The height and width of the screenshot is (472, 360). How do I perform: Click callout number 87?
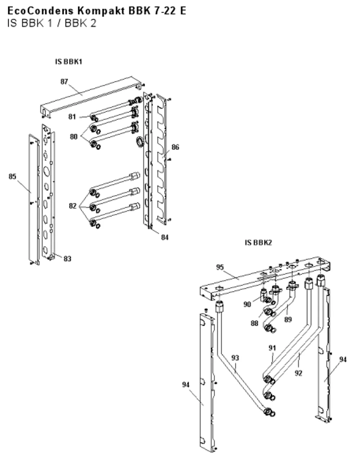click(x=64, y=82)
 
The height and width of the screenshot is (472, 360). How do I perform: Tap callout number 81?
click(x=72, y=116)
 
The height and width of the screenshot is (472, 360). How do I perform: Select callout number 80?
click(x=73, y=137)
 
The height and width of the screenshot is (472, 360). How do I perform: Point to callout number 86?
click(x=175, y=147)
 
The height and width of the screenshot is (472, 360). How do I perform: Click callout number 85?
click(x=12, y=176)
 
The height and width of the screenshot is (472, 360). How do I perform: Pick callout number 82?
click(x=73, y=206)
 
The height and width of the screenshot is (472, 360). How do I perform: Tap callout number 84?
click(x=165, y=237)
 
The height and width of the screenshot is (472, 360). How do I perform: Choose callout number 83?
click(x=67, y=258)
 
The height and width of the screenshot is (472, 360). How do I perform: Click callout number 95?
click(x=220, y=267)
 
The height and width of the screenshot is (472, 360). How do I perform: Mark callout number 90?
click(x=247, y=304)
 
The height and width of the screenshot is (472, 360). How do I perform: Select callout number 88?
click(x=254, y=323)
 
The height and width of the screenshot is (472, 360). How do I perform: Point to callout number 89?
click(x=288, y=320)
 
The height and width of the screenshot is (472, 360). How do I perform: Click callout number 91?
click(x=272, y=348)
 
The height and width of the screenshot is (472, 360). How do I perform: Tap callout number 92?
click(x=298, y=373)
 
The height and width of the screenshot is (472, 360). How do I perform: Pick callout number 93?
click(x=235, y=358)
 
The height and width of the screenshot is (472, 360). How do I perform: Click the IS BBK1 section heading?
click(x=69, y=62)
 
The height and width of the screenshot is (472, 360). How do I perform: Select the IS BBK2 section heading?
click(x=258, y=242)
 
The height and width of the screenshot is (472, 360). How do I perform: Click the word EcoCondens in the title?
click(x=41, y=11)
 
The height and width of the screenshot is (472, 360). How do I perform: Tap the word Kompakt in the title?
click(x=101, y=11)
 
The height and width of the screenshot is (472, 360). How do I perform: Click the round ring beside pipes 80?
click(x=140, y=142)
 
